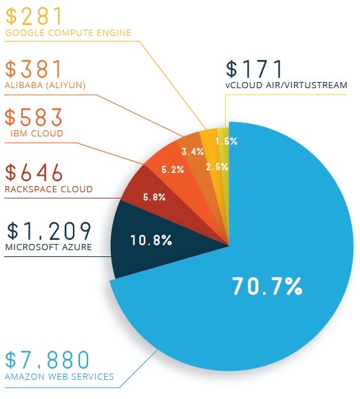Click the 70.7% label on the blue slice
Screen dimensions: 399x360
pyautogui.click(x=266, y=285)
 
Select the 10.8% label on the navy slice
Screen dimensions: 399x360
pyautogui.click(x=151, y=241)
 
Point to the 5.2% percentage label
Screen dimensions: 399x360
pyautogui.click(x=173, y=170)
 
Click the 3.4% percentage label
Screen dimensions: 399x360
pyautogui.click(x=192, y=152)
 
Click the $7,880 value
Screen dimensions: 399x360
pyautogui.click(x=47, y=360)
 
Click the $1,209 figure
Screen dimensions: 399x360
pyautogui.click(x=47, y=230)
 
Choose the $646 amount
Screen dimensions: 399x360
pyautogui.click(x=34, y=172)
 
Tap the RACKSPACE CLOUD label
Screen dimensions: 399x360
pyautogui.click(x=48, y=190)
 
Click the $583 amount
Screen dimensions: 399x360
pyautogui.click(x=34, y=117)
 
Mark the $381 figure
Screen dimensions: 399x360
pyautogui.click(x=34, y=70)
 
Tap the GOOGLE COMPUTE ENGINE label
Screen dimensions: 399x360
pyautogui.click(x=67, y=32)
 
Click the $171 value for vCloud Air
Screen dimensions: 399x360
pyautogui.click(x=255, y=70)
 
